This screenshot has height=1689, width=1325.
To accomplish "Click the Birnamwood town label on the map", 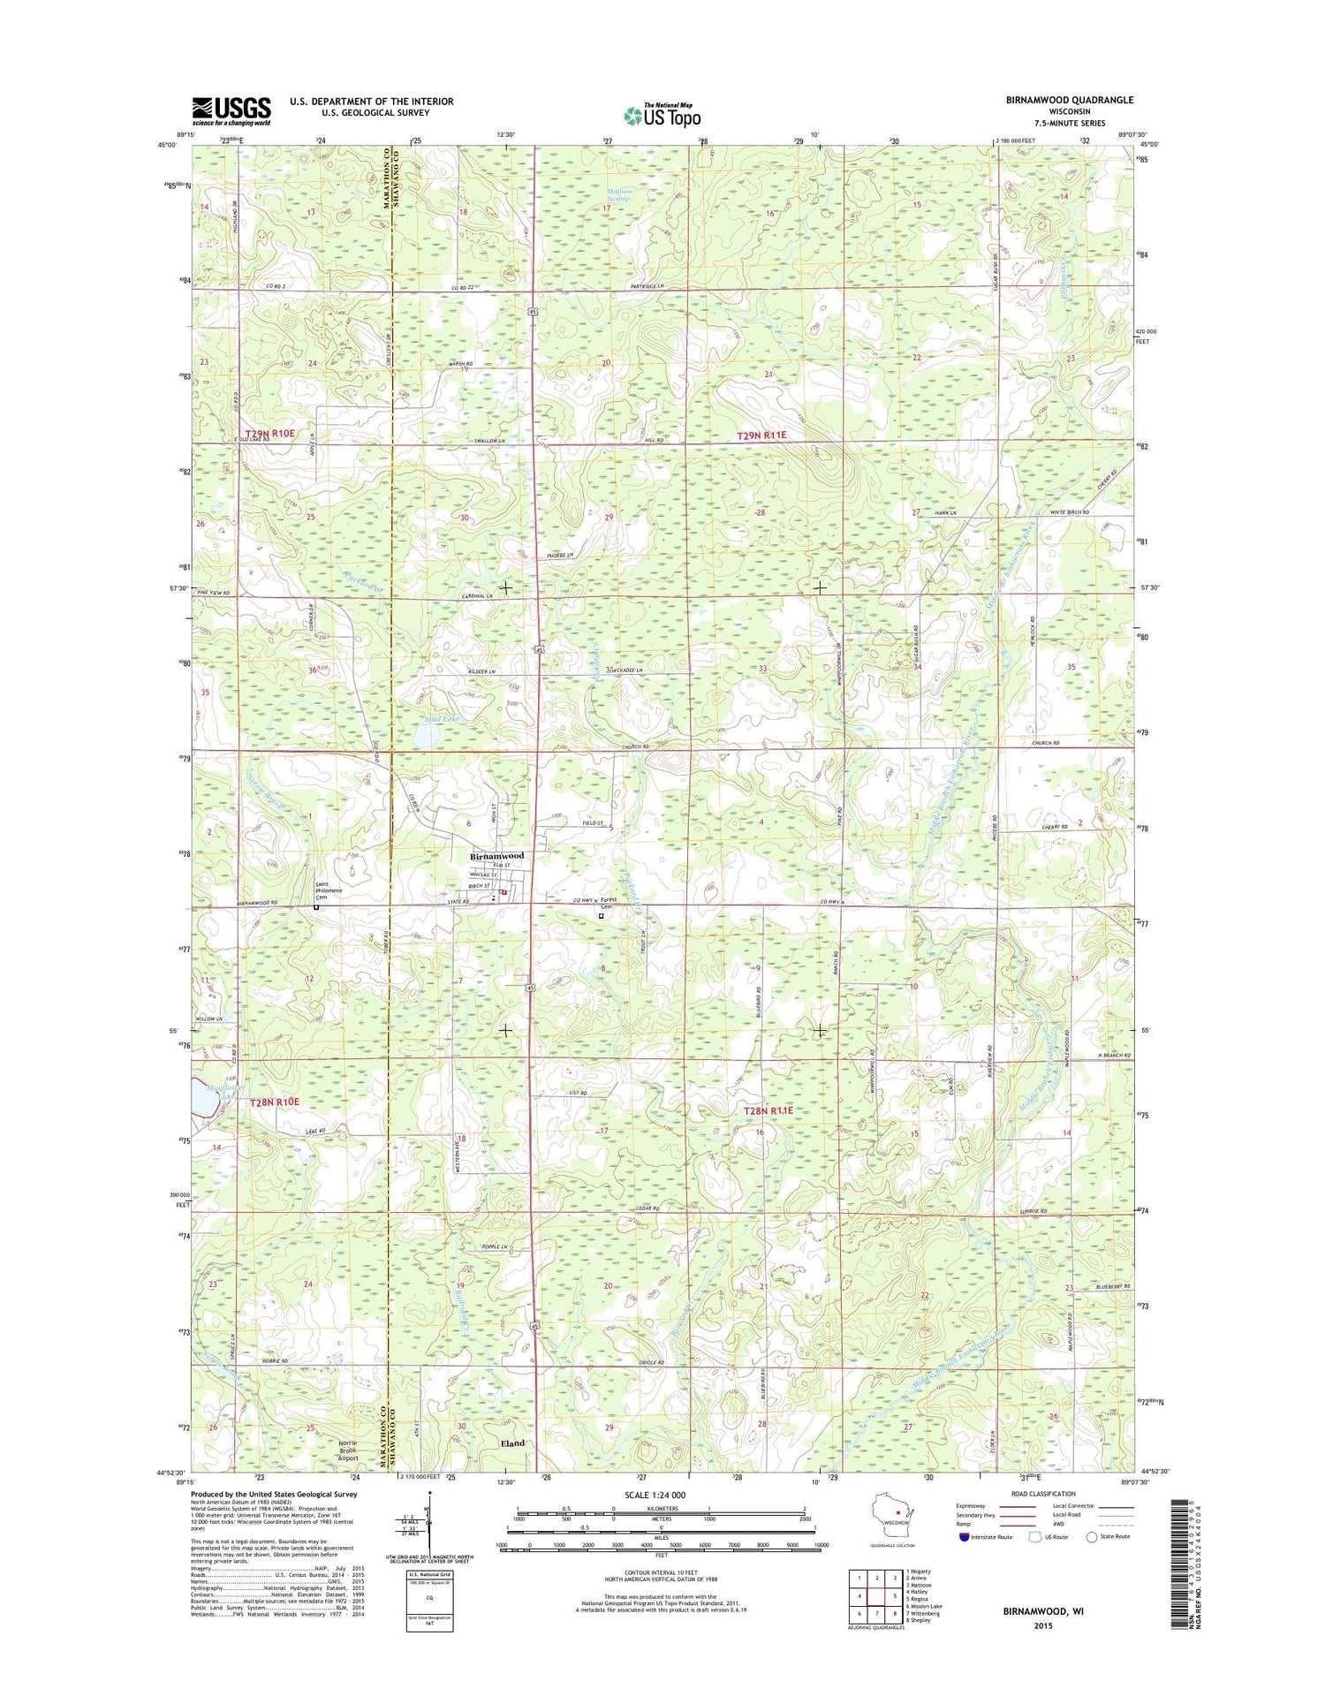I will pos(497,856).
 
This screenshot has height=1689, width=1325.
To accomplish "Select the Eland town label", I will pos(512,1443).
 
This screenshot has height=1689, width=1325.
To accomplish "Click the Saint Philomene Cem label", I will pos(334,892).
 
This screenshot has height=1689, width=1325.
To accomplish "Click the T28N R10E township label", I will pos(275,1102).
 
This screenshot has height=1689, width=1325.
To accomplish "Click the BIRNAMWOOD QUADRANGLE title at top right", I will pos(1069,100).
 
